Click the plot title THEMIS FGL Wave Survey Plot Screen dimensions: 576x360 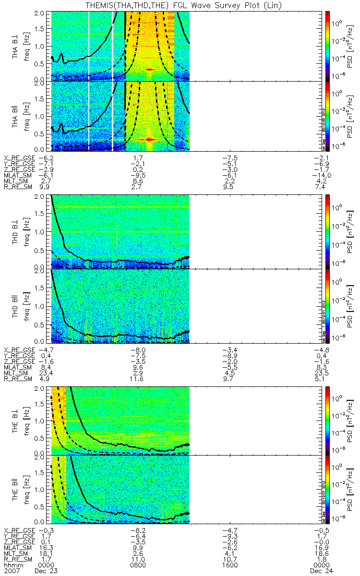[x=180, y=5]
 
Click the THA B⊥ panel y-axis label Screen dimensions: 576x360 [x=16, y=46]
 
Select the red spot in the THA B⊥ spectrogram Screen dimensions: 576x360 [x=149, y=70]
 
